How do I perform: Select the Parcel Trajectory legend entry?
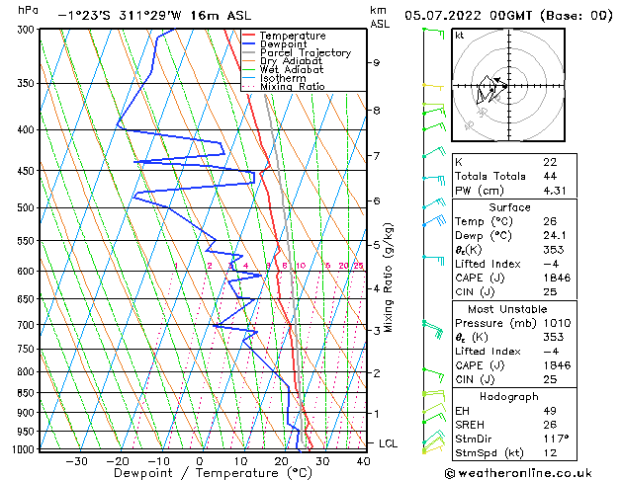305,53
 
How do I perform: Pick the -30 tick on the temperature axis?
75,460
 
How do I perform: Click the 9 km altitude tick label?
376,62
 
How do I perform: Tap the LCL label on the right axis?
388,443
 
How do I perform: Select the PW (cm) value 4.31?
552,191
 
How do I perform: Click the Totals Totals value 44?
549,176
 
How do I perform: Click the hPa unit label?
29,10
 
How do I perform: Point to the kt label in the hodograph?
459,35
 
